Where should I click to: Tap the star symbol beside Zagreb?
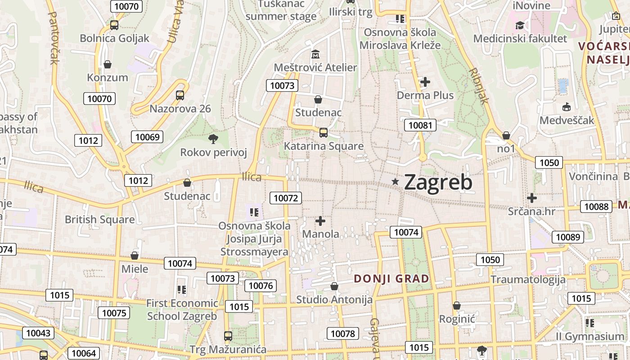(x=396, y=181)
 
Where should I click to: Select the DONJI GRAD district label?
(x=391, y=279)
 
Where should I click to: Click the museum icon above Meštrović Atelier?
(x=315, y=54)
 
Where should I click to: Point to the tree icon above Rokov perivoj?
(x=213, y=139)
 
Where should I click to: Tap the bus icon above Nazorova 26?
(x=180, y=95)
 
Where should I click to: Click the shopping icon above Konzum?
(x=108, y=64)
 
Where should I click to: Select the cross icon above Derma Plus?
(x=425, y=82)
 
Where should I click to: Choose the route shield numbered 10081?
(x=420, y=125)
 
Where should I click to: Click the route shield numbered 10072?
(x=286, y=198)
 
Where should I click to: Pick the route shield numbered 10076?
(x=261, y=286)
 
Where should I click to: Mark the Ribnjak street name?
(x=478, y=85)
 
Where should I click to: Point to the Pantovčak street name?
(x=53, y=38)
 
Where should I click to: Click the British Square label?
(x=100, y=220)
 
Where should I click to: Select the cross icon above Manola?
(x=320, y=221)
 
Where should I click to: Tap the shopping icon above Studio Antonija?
(x=334, y=286)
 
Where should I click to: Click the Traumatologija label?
(x=528, y=279)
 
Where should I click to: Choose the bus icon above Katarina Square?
(x=324, y=133)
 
